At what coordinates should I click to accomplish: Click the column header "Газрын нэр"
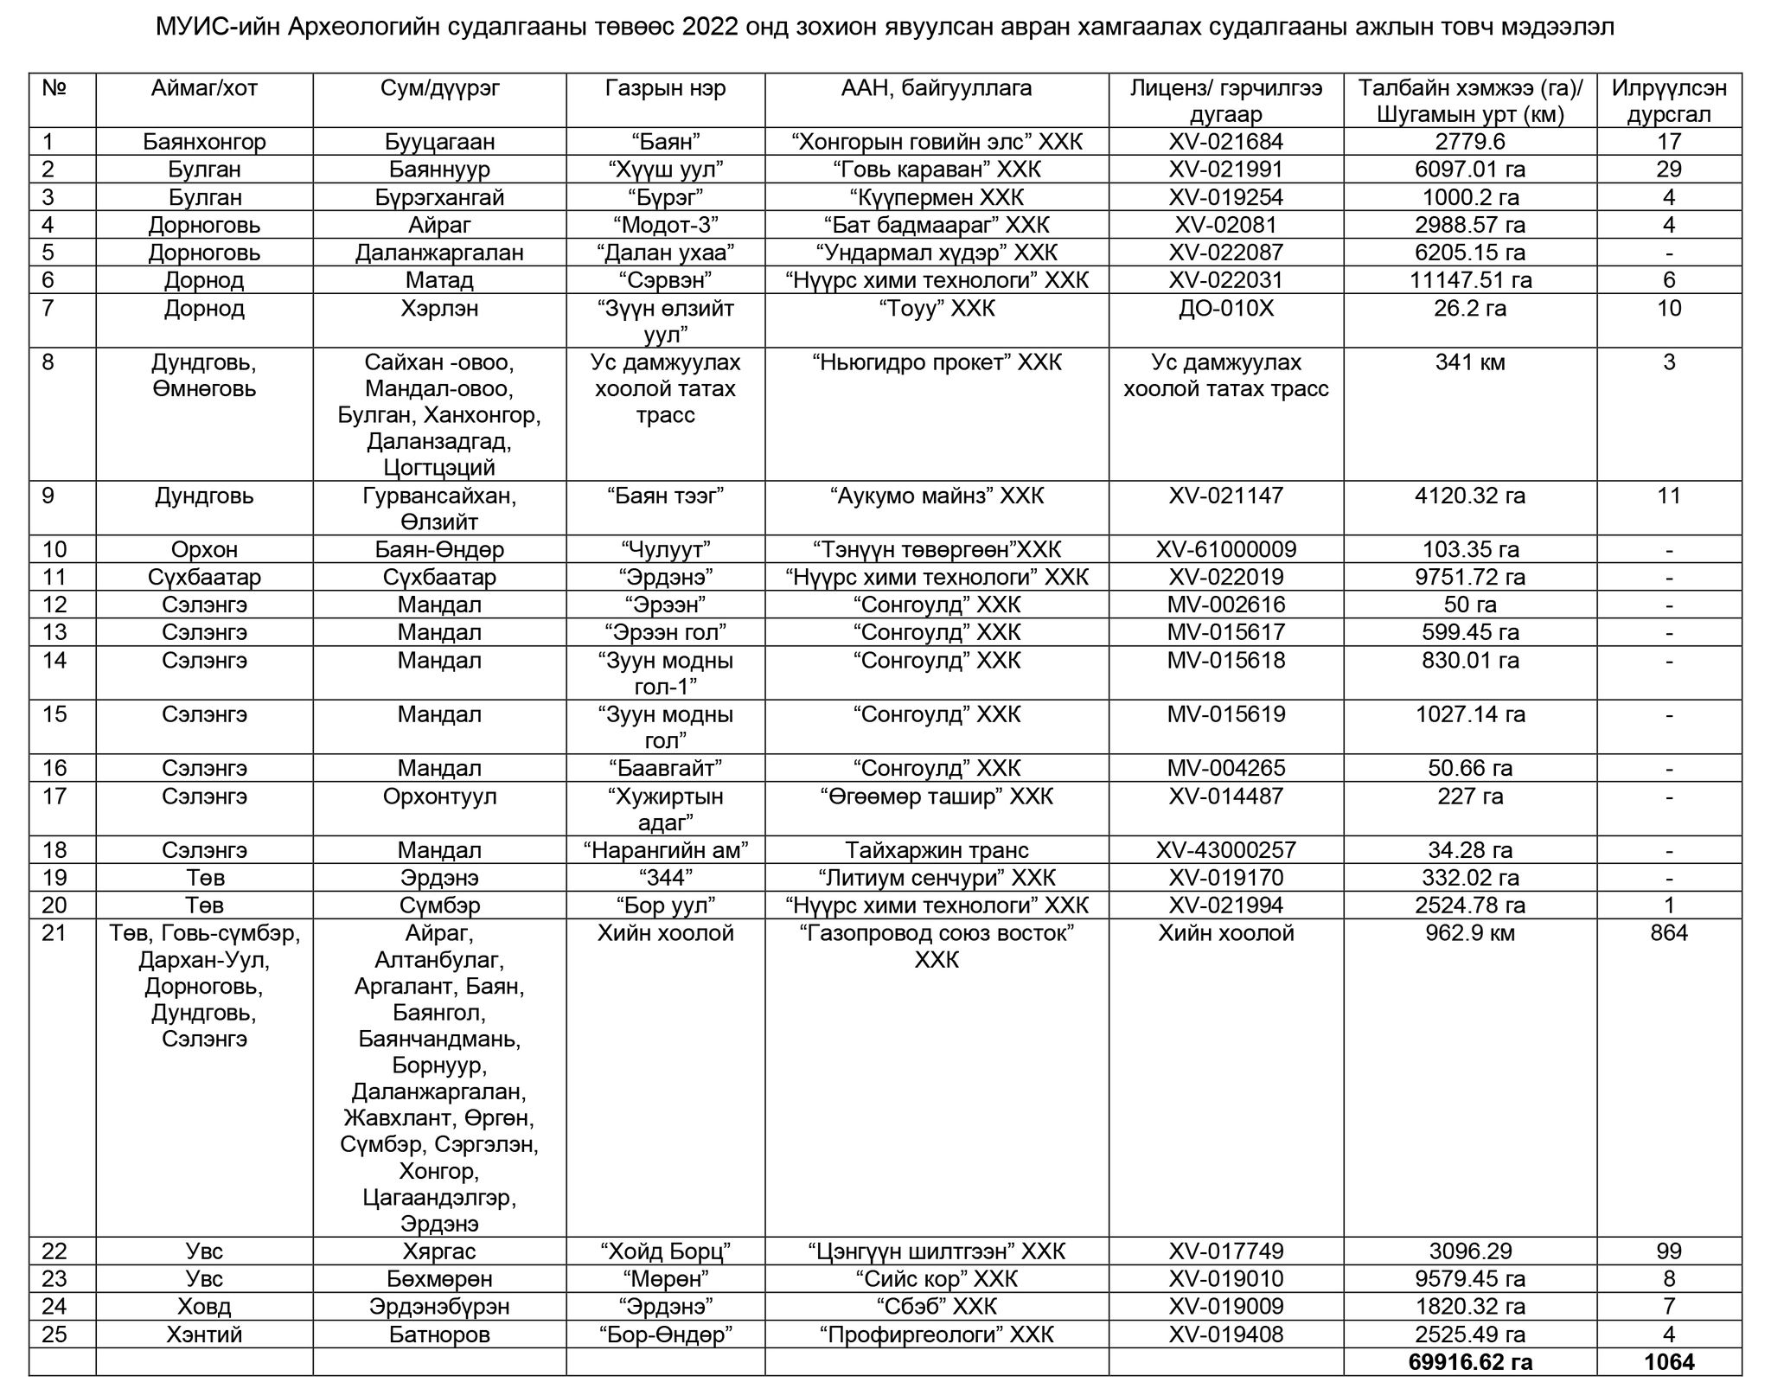coord(665,88)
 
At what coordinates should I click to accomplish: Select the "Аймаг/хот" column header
coord(204,88)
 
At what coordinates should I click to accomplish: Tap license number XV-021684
coord(1225,142)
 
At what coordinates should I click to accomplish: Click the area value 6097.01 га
coord(1469,170)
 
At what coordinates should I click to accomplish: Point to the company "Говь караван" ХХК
coord(937,170)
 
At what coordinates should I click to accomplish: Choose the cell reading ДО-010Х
coord(1225,309)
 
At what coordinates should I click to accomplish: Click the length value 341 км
coord(1469,362)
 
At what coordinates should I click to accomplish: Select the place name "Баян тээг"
coord(665,496)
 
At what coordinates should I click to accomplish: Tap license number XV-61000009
coord(1225,550)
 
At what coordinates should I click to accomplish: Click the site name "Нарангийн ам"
coord(665,850)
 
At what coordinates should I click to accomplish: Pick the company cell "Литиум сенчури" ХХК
coord(937,878)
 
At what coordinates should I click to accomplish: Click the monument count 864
coord(1668,933)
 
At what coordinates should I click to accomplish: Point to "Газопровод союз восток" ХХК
coord(937,946)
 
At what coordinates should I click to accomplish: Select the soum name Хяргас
coord(439,1251)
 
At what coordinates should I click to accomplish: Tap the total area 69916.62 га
coord(1469,1362)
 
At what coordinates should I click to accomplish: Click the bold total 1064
coord(1668,1362)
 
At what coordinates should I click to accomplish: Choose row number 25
coord(54,1334)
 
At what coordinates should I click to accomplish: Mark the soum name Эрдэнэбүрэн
coord(439,1307)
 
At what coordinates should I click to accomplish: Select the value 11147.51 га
coord(1469,280)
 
